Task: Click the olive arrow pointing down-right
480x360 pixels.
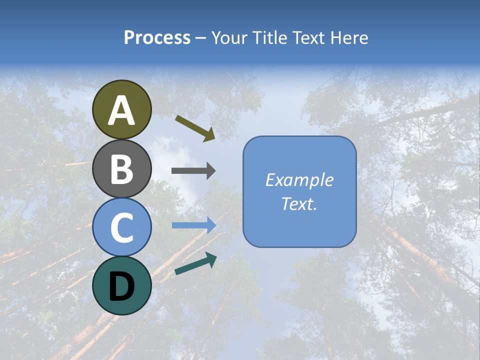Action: click(x=195, y=127)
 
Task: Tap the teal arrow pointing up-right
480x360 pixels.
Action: click(x=195, y=264)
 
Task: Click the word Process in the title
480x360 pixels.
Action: click(x=157, y=37)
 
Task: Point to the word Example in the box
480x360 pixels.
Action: click(x=299, y=180)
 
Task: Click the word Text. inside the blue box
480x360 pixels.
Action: click(x=299, y=204)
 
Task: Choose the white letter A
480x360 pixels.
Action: click(x=122, y=111)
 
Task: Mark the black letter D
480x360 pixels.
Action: click(x=122, y=286)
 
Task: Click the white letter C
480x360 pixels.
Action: click(x=122, y=228)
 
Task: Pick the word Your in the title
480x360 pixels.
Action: click(x=230, y=37)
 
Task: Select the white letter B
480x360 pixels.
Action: click(x=122, y=169)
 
